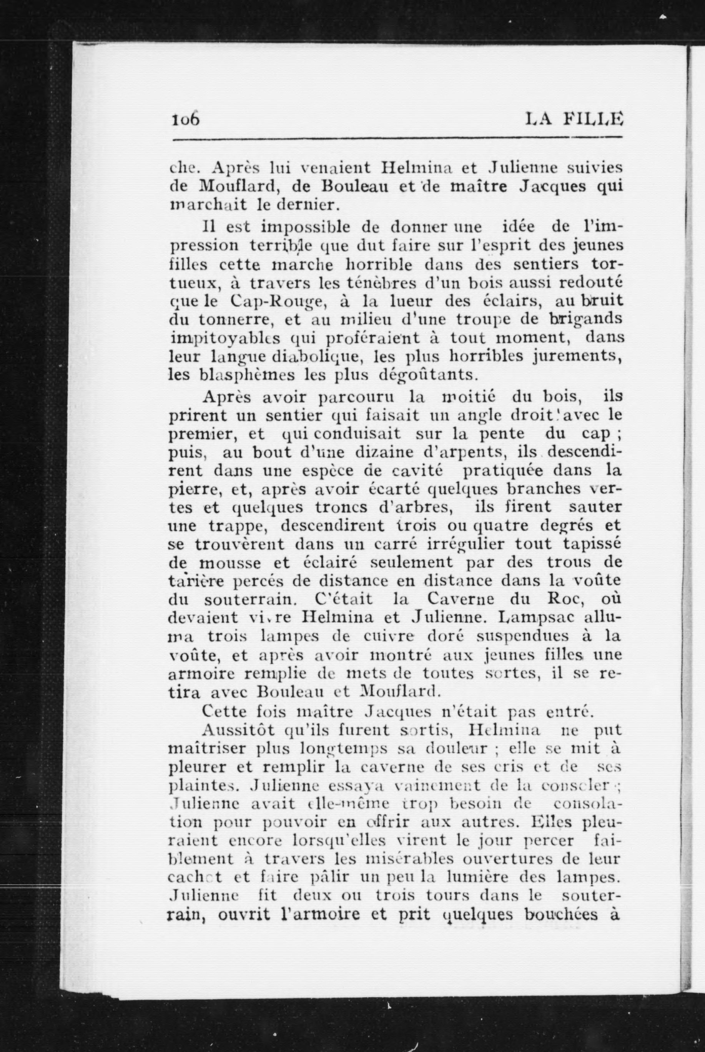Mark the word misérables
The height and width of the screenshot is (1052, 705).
408,859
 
